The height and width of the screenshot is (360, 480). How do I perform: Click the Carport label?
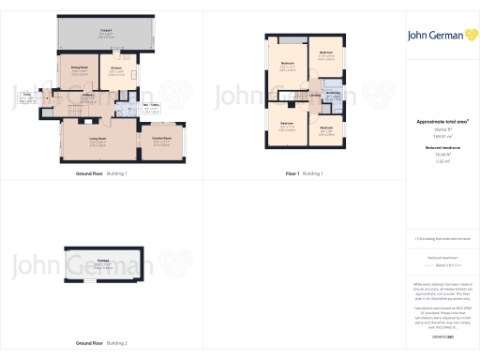[x=106, y=30]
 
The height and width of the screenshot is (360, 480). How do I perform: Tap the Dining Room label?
[x=80, y=67]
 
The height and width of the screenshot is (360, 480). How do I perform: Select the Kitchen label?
[x=117, y=67]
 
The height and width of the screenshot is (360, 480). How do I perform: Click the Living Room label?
[x=97, y=139]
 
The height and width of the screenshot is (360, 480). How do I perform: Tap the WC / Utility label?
[x=150, y=105]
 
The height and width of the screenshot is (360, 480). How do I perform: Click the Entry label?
[x=29, y=96]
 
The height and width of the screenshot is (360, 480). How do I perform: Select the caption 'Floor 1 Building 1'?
[x=304, y=173]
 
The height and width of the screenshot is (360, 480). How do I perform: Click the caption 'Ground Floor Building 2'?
[x=100, y=343]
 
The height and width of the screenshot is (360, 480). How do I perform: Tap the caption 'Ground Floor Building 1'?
[x=100, y=173]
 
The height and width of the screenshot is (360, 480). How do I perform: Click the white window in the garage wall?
[x=80, y=278]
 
